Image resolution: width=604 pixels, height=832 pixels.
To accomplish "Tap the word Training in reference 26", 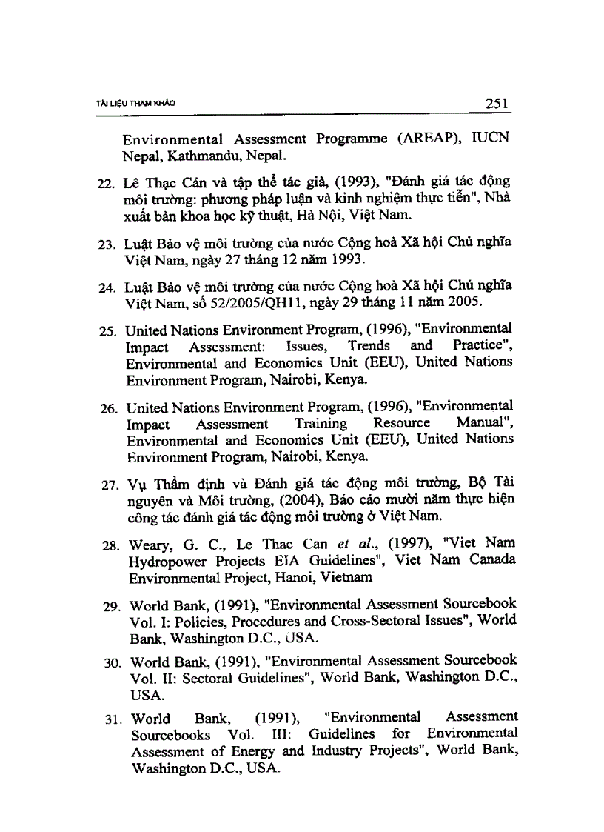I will pos(321,423).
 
